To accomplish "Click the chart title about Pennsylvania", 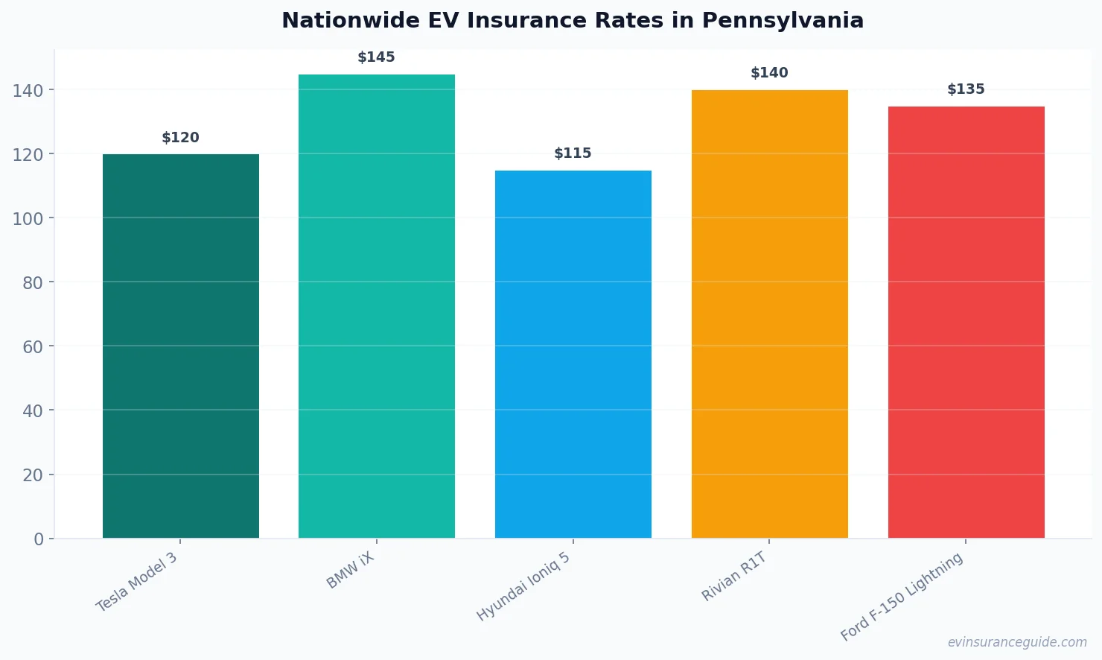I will pos(572,21).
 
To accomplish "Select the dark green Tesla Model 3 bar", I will pos(181,346).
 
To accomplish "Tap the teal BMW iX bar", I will pos(377,306).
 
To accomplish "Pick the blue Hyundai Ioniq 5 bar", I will pos(573,354).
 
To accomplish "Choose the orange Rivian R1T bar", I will pos(769,314).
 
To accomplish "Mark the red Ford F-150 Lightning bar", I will pos(966,322).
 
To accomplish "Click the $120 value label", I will pos(181,138).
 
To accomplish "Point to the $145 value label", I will pos(377,57).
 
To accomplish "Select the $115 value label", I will pos(573,153).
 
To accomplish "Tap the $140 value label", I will pos(769,73).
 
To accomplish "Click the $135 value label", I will pos(966,89).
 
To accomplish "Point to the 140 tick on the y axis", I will pos(28,91).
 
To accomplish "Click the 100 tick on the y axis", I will pos(28,219).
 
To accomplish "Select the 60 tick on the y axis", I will pos(33,347).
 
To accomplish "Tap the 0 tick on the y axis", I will pos(39,539).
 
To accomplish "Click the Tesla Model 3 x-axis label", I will pos(137,582).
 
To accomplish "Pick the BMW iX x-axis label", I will pos(351,571).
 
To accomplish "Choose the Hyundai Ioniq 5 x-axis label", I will pos(523,587).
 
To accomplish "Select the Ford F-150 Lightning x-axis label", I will pos(902,597).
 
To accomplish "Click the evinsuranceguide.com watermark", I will pos(1017,642).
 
